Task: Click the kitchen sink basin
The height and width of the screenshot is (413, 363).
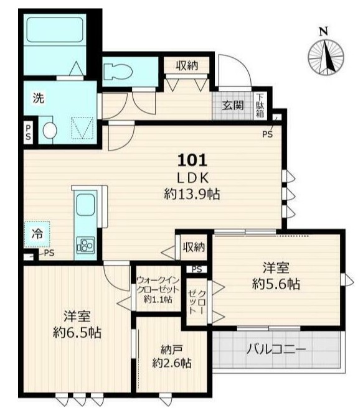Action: coord(84,205)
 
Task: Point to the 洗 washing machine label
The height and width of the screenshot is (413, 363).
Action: coord(39,98)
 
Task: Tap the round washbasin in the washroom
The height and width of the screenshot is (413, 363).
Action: coord(50,130)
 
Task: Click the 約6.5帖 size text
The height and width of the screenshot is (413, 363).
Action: coord(77,331)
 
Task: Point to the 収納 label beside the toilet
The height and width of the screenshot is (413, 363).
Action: coord(186,65)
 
